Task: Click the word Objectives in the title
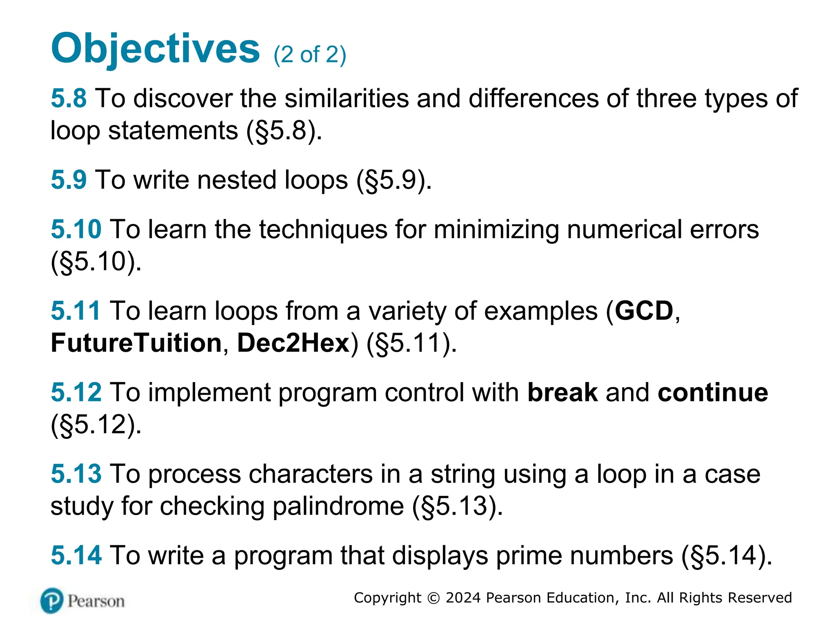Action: tap(155, 49)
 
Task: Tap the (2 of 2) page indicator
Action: tap(309, 54)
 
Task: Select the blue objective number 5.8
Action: tap(69, 98)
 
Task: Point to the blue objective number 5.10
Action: tap(76, 229)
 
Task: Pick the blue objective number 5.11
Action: tap(76, 311)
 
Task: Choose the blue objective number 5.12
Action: tap(76, 392)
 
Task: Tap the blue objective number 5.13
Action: tap(76, 474)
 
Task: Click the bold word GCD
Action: tap(644, 311)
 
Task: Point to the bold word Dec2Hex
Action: tap(293, 343)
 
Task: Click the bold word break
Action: tap(563, 392)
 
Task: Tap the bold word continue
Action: tap(713, 392)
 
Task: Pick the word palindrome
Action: tap(338, 506)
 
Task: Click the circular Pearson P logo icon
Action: tap(52, 600)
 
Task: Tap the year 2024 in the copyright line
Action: tap(463, 598)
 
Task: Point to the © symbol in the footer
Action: tap(434, 598)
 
